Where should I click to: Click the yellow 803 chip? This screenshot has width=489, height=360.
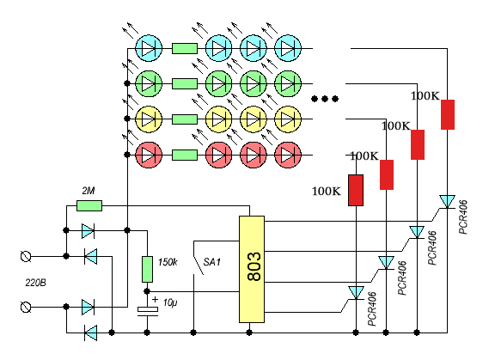252,269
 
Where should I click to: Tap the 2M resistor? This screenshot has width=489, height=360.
89,205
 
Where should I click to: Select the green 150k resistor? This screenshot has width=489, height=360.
147,269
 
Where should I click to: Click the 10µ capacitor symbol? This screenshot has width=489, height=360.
148,311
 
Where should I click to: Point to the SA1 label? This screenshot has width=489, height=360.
211,262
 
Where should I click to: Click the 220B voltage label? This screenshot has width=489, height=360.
35,283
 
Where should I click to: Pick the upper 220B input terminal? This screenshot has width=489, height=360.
26,257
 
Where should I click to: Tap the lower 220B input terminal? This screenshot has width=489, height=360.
26,307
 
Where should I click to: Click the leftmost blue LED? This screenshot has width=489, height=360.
149,48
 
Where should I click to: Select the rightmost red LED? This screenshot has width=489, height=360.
288,155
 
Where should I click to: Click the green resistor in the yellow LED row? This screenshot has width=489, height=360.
185,119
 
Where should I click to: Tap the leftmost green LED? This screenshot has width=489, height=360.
149,83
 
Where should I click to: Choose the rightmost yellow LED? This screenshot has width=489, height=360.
288,119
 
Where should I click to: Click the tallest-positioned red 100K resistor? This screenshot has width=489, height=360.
448,114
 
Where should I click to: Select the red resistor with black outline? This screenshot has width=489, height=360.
356,190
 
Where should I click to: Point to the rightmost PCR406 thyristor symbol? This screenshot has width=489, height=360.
447,201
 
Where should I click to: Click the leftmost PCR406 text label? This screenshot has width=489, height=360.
372,309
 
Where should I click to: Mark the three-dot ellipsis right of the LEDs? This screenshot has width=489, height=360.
325,99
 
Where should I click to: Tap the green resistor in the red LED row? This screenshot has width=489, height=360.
185,155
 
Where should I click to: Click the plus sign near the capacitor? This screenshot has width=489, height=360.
155,300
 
